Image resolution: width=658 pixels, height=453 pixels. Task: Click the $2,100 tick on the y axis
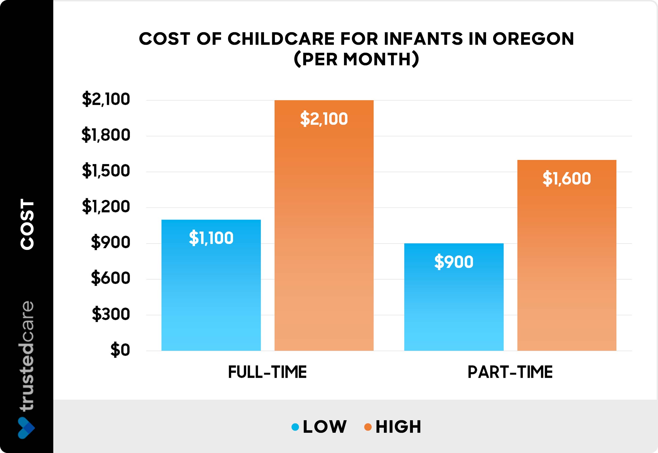point(106,99)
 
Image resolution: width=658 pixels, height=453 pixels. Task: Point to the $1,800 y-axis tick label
point(106,135)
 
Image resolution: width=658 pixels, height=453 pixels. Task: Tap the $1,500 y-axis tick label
point(106,171)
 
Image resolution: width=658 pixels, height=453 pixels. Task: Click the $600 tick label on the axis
point(110,278)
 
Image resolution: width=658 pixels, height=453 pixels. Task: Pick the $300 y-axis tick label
point(111,314)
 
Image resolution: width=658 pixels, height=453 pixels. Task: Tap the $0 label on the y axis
point(120,350)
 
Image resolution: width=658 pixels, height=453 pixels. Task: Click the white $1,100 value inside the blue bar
point(211,238)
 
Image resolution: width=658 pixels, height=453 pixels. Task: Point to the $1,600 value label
point(567,179)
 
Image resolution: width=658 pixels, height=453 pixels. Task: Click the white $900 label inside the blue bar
point(454,262)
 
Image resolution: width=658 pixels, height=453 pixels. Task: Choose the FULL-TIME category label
point(267,372)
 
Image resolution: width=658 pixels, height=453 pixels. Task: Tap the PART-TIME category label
point(510,372)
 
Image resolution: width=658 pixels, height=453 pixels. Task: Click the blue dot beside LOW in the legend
point(295,427)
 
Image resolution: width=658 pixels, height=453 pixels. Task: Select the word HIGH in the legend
point(398,427)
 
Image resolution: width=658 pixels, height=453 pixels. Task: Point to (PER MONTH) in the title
point(356,59)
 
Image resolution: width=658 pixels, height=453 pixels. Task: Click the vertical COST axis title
point(27,224)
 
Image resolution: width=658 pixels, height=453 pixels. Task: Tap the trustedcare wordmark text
point(27,356)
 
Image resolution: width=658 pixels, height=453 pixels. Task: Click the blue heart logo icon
point(26,428)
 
